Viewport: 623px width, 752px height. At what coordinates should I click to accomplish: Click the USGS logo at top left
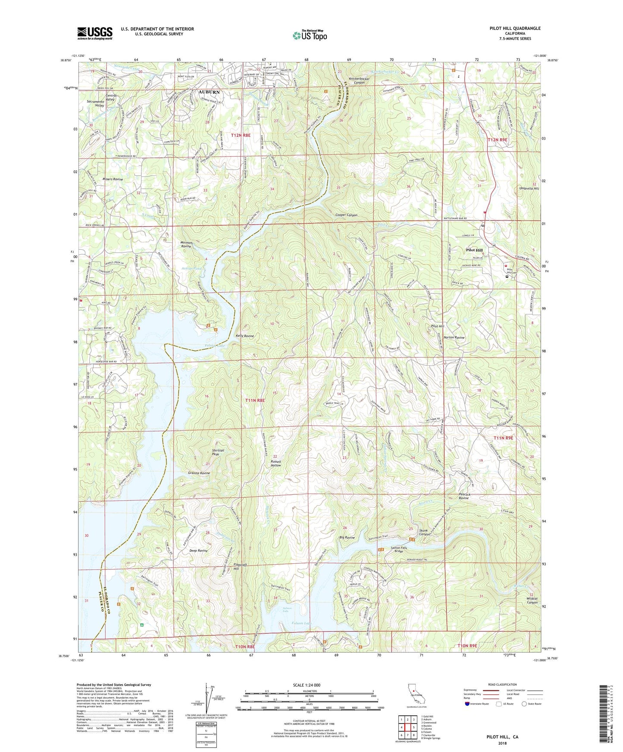tap(95, 33)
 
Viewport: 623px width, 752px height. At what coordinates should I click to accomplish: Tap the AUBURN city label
tap(209, 92)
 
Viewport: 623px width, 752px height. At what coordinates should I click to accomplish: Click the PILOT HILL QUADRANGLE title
tap(515, 28)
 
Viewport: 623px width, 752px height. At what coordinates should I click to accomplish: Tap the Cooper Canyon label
tap(346, 215)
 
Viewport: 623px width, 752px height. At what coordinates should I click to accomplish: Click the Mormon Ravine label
tap(186, 245)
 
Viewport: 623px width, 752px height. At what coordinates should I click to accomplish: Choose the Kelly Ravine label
tap(244, 336)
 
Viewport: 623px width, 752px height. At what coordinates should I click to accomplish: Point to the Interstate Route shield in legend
tap(468, 704)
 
